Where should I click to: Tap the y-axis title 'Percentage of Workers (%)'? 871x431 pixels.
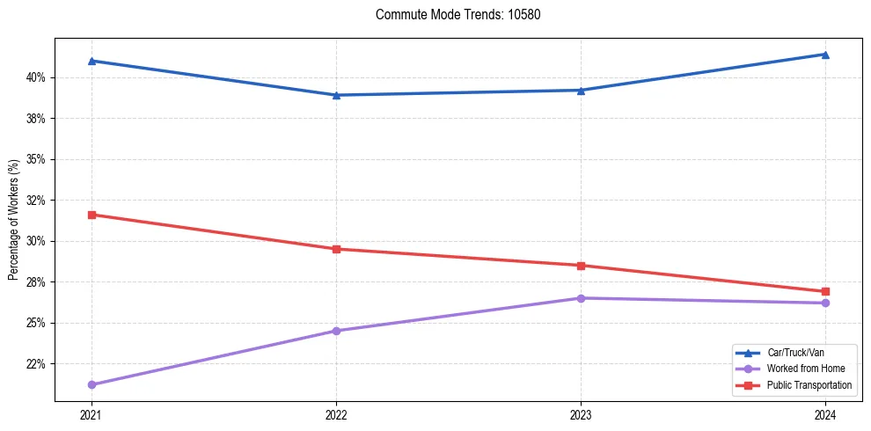(x=13, y=220)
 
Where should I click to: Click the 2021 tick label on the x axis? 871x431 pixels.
(x=91, y=414)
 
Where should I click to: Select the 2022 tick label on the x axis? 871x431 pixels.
(x=336, y=414)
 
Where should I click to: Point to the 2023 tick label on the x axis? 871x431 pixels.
(x=581, y=414)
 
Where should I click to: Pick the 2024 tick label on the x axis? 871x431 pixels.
(x=825, y=414)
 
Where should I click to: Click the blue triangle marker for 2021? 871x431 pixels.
(x=91, y=61)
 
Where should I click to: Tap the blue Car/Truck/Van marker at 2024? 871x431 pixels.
(x=825, y=55)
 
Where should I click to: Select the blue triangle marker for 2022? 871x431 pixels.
(x=336, y=95)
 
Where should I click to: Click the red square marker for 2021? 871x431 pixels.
(x=91, y=215)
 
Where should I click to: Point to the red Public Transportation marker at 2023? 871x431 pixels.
(x=581, y=266)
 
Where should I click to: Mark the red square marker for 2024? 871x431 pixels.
(x=825, y=291)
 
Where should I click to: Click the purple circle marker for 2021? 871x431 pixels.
(x=91, y=384)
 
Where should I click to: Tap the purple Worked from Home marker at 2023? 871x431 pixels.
(x=581, y=298)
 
